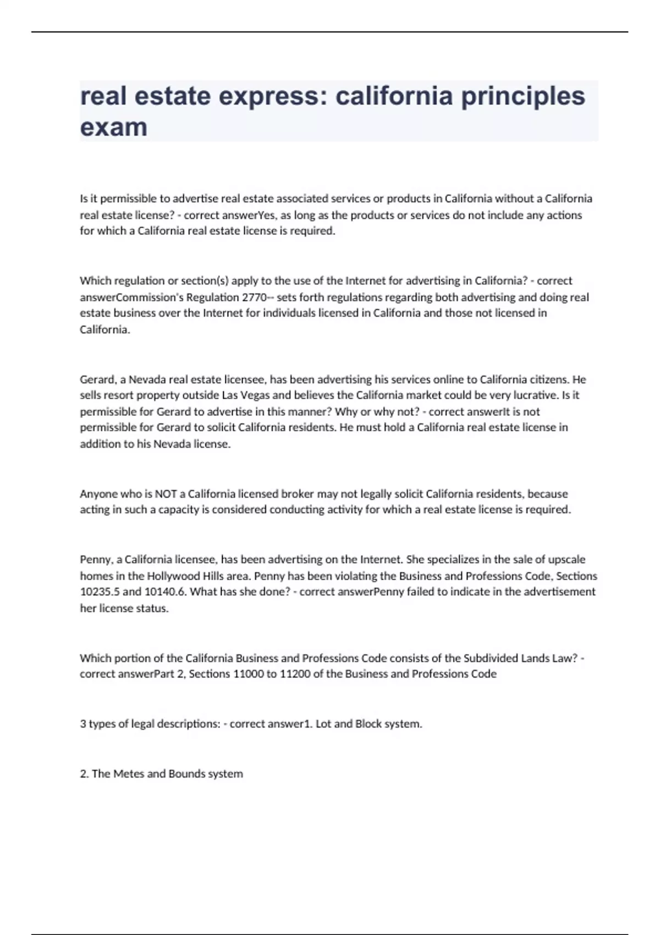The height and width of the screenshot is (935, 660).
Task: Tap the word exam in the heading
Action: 114,127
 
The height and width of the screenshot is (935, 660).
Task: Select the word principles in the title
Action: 523,96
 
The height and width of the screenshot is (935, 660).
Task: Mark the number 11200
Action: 295,674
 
